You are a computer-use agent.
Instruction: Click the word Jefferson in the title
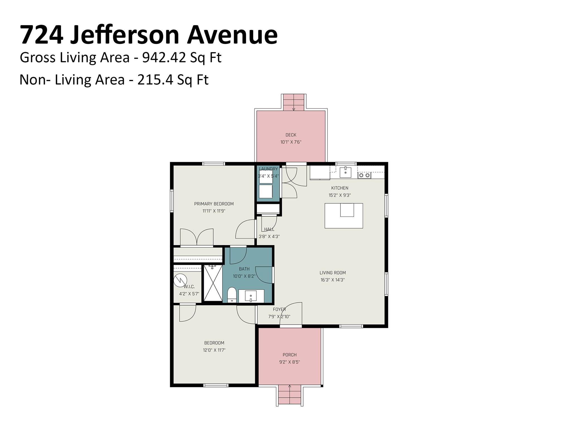click(124, 35)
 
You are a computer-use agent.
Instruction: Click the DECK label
click(291, 135)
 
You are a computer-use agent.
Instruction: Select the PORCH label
click(289, 355)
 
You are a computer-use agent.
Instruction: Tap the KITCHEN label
click(340, 188)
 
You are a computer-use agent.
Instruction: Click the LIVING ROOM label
click(333, 273)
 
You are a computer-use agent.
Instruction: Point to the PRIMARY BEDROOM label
click(214, 204)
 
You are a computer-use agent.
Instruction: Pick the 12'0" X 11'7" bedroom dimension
click(214, 350)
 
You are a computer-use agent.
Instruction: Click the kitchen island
click(344, 216)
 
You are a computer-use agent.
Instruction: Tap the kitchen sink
click(346, 172)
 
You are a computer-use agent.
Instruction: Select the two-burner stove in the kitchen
click(364, 175)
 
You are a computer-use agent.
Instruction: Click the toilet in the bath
click(232, 295)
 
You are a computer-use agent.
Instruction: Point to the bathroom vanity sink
click(251, 296)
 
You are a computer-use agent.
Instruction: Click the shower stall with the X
click(213, 283)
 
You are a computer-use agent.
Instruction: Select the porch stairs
click(290, 395)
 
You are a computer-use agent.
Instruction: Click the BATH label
click(244, 269)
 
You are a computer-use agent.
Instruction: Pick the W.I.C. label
click(189, 286)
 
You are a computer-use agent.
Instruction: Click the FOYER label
click(279, 309)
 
